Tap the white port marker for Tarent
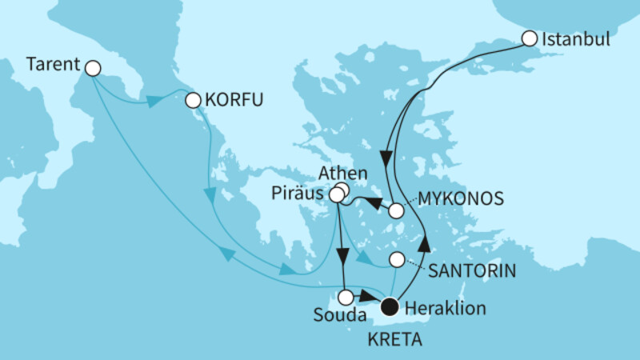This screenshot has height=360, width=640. coord(93,69)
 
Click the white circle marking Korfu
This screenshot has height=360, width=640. coord(192,101)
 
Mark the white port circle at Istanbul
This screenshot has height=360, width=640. coord(529,38)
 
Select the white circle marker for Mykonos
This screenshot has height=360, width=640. coord(396,211)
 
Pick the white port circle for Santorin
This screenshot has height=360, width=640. coord(396,260)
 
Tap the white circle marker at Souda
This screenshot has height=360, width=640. coord(346,298)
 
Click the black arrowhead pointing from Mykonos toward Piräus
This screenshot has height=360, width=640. coord(374,203)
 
